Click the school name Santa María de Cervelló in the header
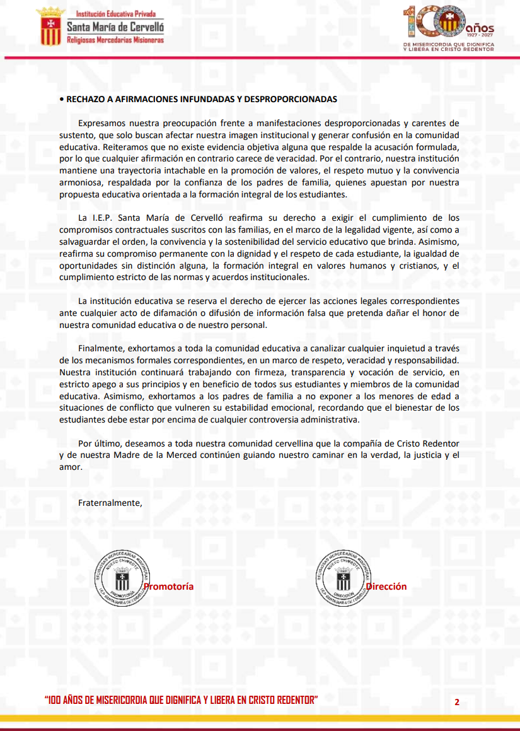115,26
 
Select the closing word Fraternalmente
110,503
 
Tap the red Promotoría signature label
169,587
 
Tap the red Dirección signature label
386,587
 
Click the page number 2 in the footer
456,701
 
